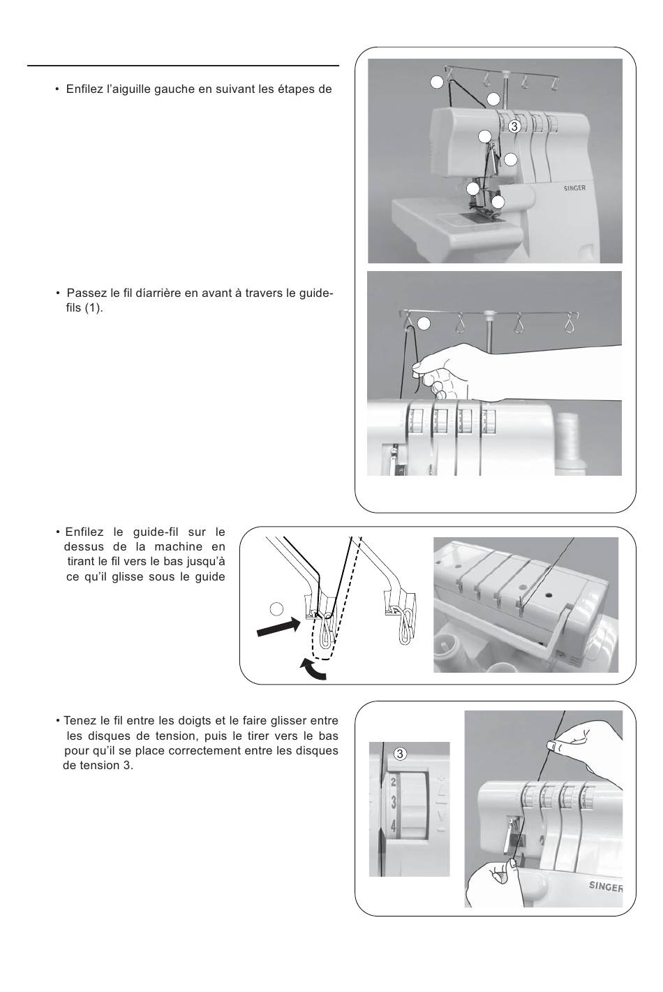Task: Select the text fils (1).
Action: click(x=84, y=308)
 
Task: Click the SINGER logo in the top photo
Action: click(x=574, y=188)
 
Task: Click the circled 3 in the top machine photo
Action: click(x=514, y=126)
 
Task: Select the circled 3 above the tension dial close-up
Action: click(x=400, y=754)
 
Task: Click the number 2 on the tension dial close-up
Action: click(x=393, y=783)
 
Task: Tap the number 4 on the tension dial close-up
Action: click(x=393, y=826)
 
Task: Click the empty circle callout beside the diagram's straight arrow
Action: click(x=276, y=609)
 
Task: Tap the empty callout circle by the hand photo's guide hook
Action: click(x=424, y=323)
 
